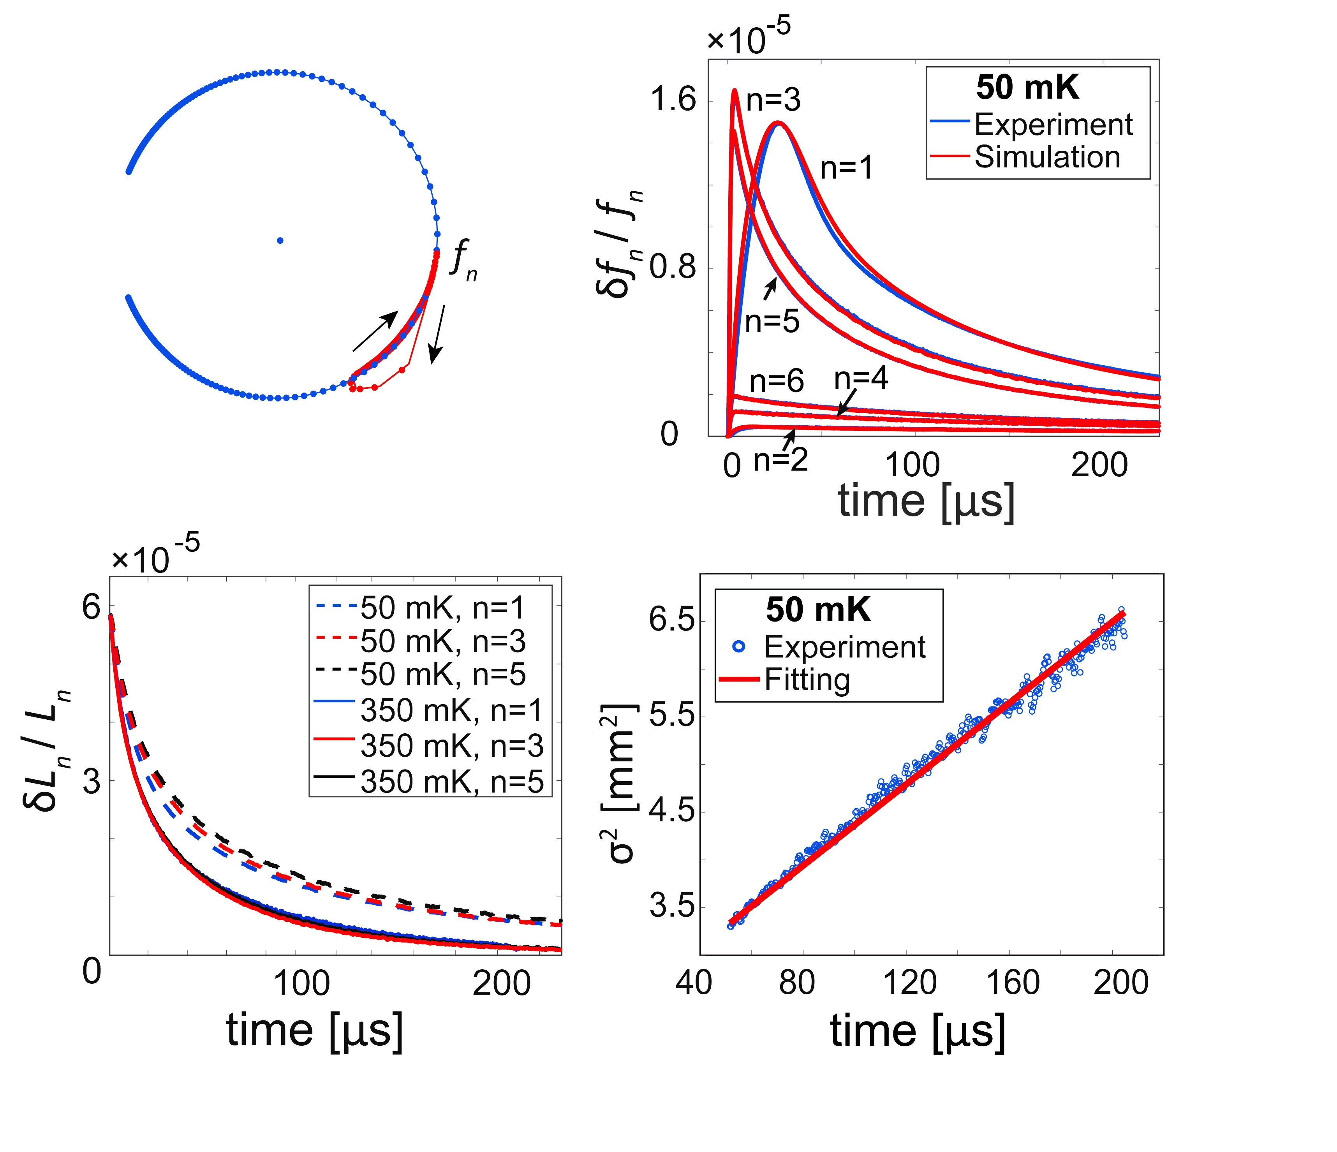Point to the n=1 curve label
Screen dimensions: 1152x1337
tap(847, 169)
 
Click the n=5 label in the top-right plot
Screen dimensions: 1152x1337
tap(772, 321)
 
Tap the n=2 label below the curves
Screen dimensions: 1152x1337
tap(781, 460)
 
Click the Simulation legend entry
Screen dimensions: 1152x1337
tap(1046, 157)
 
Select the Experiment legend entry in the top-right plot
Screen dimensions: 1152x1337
tap(1053, 125)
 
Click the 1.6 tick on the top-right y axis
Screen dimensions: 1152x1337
tap(673, 101)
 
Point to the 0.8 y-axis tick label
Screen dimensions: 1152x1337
tap(673, 268)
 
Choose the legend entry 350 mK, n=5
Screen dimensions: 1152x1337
tap(452, 782)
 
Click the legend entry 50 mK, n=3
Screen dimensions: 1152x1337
tap(443, 641)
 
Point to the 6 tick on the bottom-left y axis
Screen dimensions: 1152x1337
tap(91, 608)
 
